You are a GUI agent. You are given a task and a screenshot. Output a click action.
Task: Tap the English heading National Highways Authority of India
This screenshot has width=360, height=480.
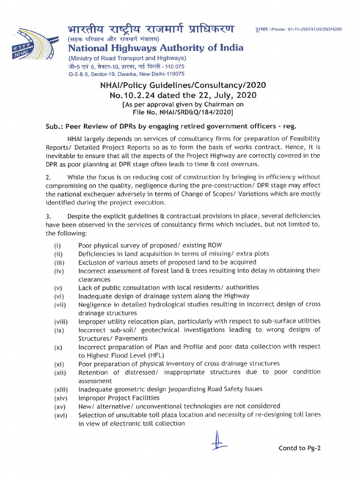click(x=156, y=48)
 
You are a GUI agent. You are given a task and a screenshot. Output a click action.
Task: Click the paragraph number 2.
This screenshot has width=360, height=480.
click(x=48, y=177)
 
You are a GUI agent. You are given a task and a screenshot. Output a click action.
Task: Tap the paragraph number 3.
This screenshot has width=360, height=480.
click(x=48, y=216)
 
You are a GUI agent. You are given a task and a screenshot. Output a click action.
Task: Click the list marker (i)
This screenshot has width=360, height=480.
click(x=57, y=246)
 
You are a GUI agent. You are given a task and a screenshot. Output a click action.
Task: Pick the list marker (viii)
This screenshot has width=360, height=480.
click(x=60, y=322)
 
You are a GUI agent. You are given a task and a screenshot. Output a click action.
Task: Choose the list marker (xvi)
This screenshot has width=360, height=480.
click(x=60, y=415)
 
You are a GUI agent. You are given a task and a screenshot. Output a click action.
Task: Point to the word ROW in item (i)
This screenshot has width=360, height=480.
click(x=214, y=245)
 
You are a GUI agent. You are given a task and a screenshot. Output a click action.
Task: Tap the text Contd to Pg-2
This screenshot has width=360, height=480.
click(x=300, y=448)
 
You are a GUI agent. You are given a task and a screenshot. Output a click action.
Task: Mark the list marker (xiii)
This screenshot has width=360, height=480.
click(x=60, y=389)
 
